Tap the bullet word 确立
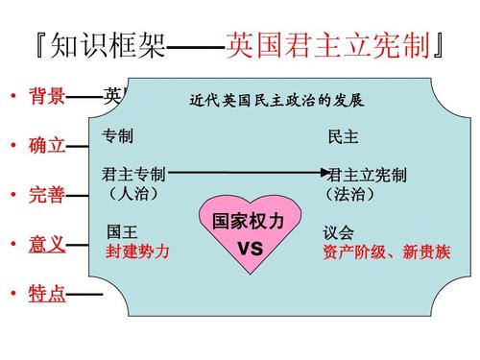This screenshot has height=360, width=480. point(46,146)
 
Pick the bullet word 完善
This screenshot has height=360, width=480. point(46,196)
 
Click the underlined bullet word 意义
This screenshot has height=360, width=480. point(46,244)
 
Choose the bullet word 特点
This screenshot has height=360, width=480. point(46,294)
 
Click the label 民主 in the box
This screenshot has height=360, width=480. point(343,136)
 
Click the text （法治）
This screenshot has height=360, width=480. point(351,194)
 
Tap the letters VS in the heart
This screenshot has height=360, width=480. point(250,249)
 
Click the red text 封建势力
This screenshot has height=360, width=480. point(137,251)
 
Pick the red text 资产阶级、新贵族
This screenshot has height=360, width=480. point(382,252)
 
